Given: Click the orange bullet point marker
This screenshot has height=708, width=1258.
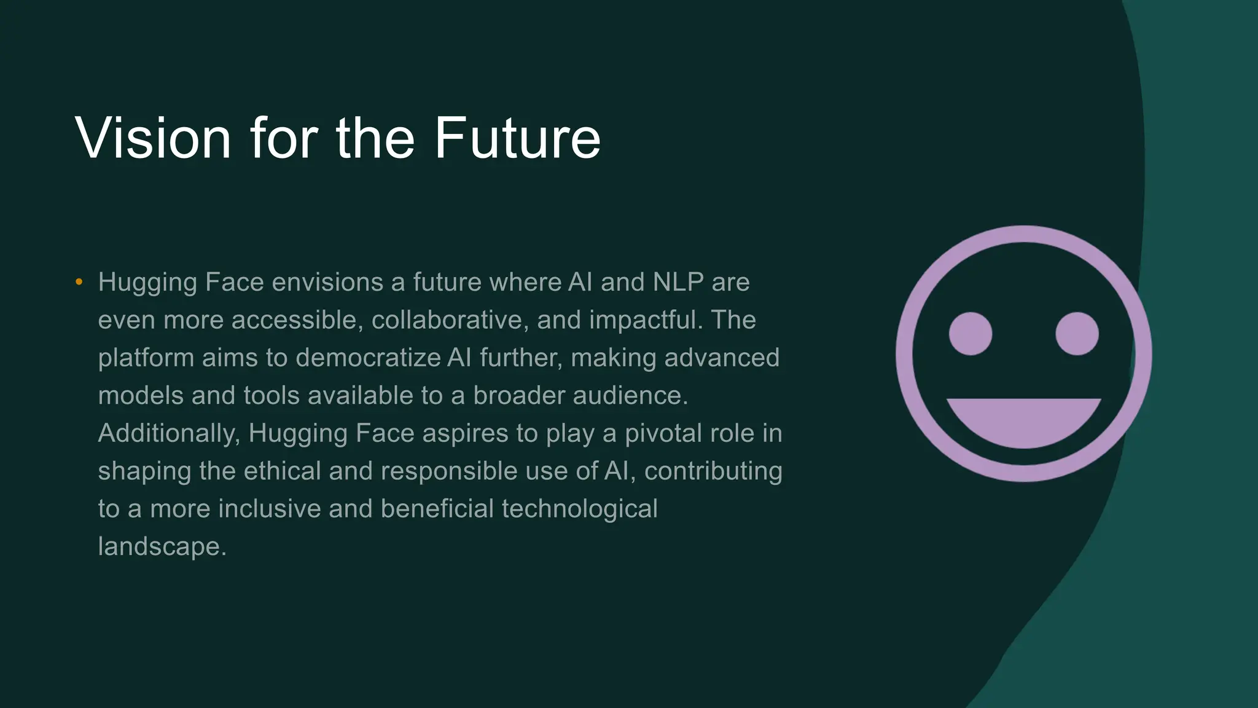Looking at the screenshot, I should click(79, 282).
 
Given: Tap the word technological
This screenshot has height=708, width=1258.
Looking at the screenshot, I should click(579, 509).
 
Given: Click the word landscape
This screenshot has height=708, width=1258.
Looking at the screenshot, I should click(162, 547).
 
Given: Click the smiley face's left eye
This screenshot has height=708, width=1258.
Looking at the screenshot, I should click(971, 334).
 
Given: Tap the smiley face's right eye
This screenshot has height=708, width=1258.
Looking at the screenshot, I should click(1077, 334).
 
